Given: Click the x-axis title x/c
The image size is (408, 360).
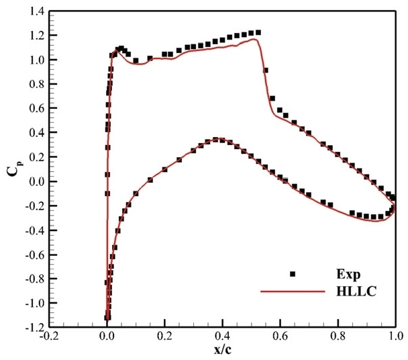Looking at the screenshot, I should coord(222,351).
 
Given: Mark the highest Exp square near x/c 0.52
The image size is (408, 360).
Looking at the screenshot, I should coord(258,32).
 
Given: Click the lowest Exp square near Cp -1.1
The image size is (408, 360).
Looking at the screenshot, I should coord(107,317).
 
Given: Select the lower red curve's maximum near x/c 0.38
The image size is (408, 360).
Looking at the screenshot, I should coord(217,140).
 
